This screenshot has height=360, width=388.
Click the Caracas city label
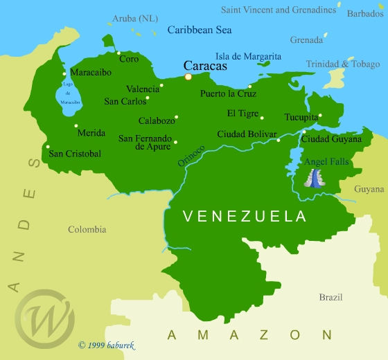[205, 66]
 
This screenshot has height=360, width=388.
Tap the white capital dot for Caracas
[188, 77]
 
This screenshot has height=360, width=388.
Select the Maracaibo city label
[91, 72]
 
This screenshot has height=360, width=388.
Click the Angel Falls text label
[327, 162]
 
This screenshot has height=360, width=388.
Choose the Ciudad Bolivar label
[247, 134]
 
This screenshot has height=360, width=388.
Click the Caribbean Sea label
[200, 30]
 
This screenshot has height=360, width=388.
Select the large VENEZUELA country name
[244, 217]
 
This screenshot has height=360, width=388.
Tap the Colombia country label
[87, 229]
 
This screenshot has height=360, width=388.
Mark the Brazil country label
[330, 297]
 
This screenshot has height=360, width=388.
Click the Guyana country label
[369, 189]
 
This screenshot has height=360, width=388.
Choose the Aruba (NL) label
[134, 17]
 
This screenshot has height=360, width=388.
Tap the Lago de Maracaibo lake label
[68, 93]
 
